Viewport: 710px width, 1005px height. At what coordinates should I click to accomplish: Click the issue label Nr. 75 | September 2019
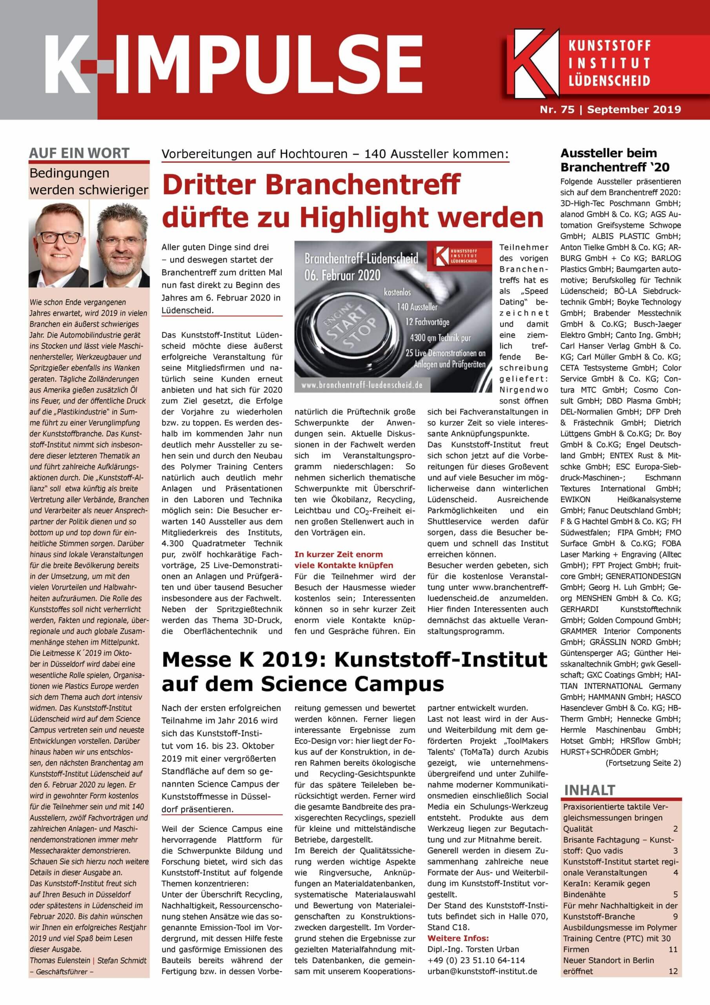point(610,110)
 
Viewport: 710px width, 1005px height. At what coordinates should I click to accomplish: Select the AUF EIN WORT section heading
point(79,153)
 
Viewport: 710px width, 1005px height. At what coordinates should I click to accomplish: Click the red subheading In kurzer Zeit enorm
point(339,554)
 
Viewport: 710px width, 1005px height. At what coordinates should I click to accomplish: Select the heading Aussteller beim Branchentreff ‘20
point(609,160)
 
